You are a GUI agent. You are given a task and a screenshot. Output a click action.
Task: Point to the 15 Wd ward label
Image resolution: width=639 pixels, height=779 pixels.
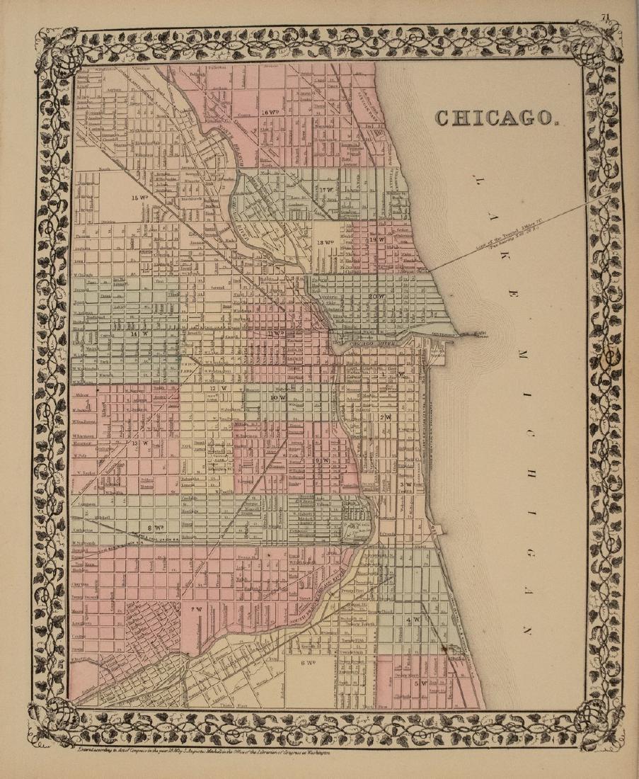tap(138, 198)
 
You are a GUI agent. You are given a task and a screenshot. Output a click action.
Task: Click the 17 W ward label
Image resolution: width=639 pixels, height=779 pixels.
tap(328, 191)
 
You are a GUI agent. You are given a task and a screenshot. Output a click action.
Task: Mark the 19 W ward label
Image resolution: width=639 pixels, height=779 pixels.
tap(376, 240)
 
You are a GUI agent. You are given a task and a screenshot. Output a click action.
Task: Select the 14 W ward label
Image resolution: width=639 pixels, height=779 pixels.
tap(139, 333)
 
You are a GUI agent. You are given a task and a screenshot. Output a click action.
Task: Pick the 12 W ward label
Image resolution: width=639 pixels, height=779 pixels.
tap(214, 389)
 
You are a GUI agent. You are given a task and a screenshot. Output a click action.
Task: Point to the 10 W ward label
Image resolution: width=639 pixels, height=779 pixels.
tap(277, 398)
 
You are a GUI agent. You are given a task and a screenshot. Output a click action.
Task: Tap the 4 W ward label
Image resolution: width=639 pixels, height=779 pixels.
tap(413, 620)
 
